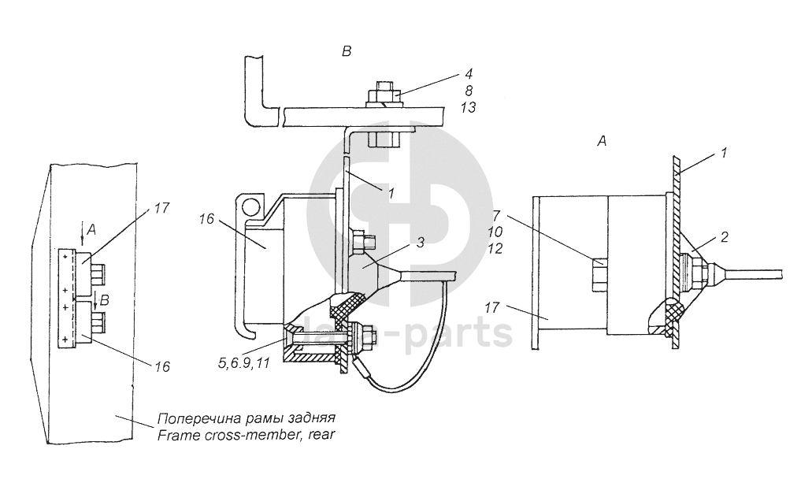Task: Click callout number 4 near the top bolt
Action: click(469, 73)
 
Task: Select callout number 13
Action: click(468, 107)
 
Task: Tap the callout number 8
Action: click(469, 91)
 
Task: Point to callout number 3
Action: click(420, 243)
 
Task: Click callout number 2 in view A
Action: click(724, 236)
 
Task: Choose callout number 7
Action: click(496, 215)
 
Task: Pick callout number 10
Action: click(495, 232)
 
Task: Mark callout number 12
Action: click(495, 248)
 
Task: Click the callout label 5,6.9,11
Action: click(243, 363)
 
